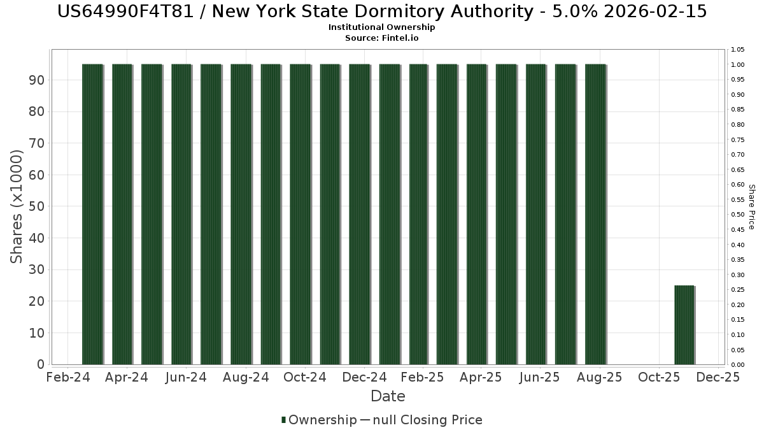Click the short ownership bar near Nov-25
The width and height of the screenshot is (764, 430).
point(684,325)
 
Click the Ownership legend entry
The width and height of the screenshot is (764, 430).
point(319,420)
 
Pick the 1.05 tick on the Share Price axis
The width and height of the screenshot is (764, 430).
point(737,50)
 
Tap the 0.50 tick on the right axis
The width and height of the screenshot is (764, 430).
point(737,215)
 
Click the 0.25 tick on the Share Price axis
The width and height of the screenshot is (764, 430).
point(737,290)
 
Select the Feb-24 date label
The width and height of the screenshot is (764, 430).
point(68,377)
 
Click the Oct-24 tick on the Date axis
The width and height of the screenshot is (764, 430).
point(305,377)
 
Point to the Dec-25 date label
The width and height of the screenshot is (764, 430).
point(718,377)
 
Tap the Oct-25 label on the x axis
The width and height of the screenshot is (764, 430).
point(659,377)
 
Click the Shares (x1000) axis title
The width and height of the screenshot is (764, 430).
point(17,206)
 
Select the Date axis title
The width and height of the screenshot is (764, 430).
point(388,396)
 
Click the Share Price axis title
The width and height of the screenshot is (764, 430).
point(751,206)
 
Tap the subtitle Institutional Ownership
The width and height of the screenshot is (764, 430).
point(382,27)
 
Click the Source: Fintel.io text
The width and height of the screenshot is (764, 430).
point(382,38)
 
